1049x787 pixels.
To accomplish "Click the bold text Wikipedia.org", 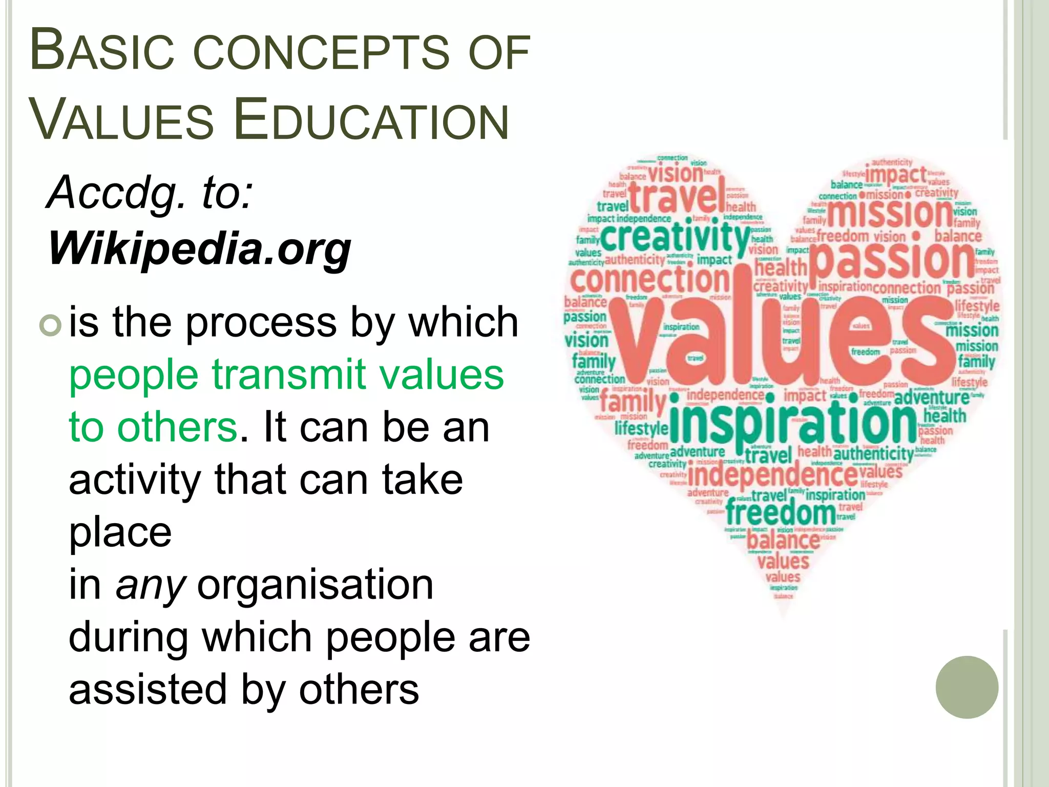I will (x=200, y=248).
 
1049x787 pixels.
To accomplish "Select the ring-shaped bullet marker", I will (x=51, y=325).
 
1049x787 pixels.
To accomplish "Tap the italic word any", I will (x=150, y=585).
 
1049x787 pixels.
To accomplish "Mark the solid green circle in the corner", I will (x=967, y=687).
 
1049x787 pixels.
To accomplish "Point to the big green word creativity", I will (x=675, y=237).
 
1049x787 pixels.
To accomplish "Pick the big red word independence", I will (x=772, y=475).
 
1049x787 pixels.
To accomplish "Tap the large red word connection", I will (x=649, y=280).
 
